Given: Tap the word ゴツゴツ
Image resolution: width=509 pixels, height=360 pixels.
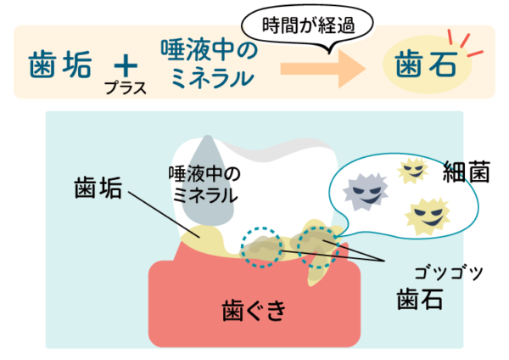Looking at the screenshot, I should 447,272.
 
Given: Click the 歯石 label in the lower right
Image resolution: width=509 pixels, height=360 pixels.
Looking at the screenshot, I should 422,299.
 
